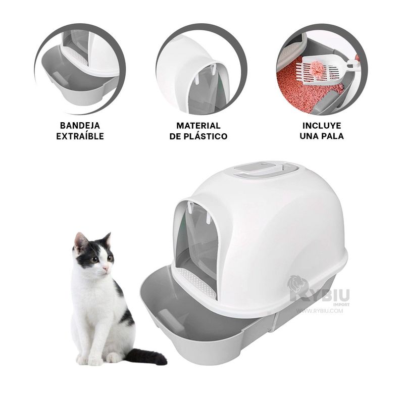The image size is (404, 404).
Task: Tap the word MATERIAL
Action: [198, 126]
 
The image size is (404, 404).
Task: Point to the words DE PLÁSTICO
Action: [198, 136]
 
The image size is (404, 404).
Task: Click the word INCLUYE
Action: [322, 126]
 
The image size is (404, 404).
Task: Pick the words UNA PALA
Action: [322, 136]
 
